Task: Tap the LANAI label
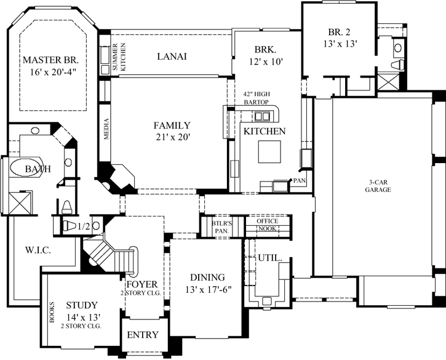click(x=172, y=56)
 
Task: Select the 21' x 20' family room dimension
click(x=172, y=137)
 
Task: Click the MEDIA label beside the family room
click(x=106, y=130)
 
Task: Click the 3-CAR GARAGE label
click(x=377, y=185)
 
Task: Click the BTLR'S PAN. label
click(x=221, y=226)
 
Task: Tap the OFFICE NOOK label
click(x=267, y=225)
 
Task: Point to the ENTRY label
click(x=143, y=335)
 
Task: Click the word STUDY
click(x=82, y=305)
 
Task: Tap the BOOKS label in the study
click(x=51, y=313)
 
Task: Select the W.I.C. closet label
click(x=38, y=250)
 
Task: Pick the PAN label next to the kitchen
click(x=300, y=180)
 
